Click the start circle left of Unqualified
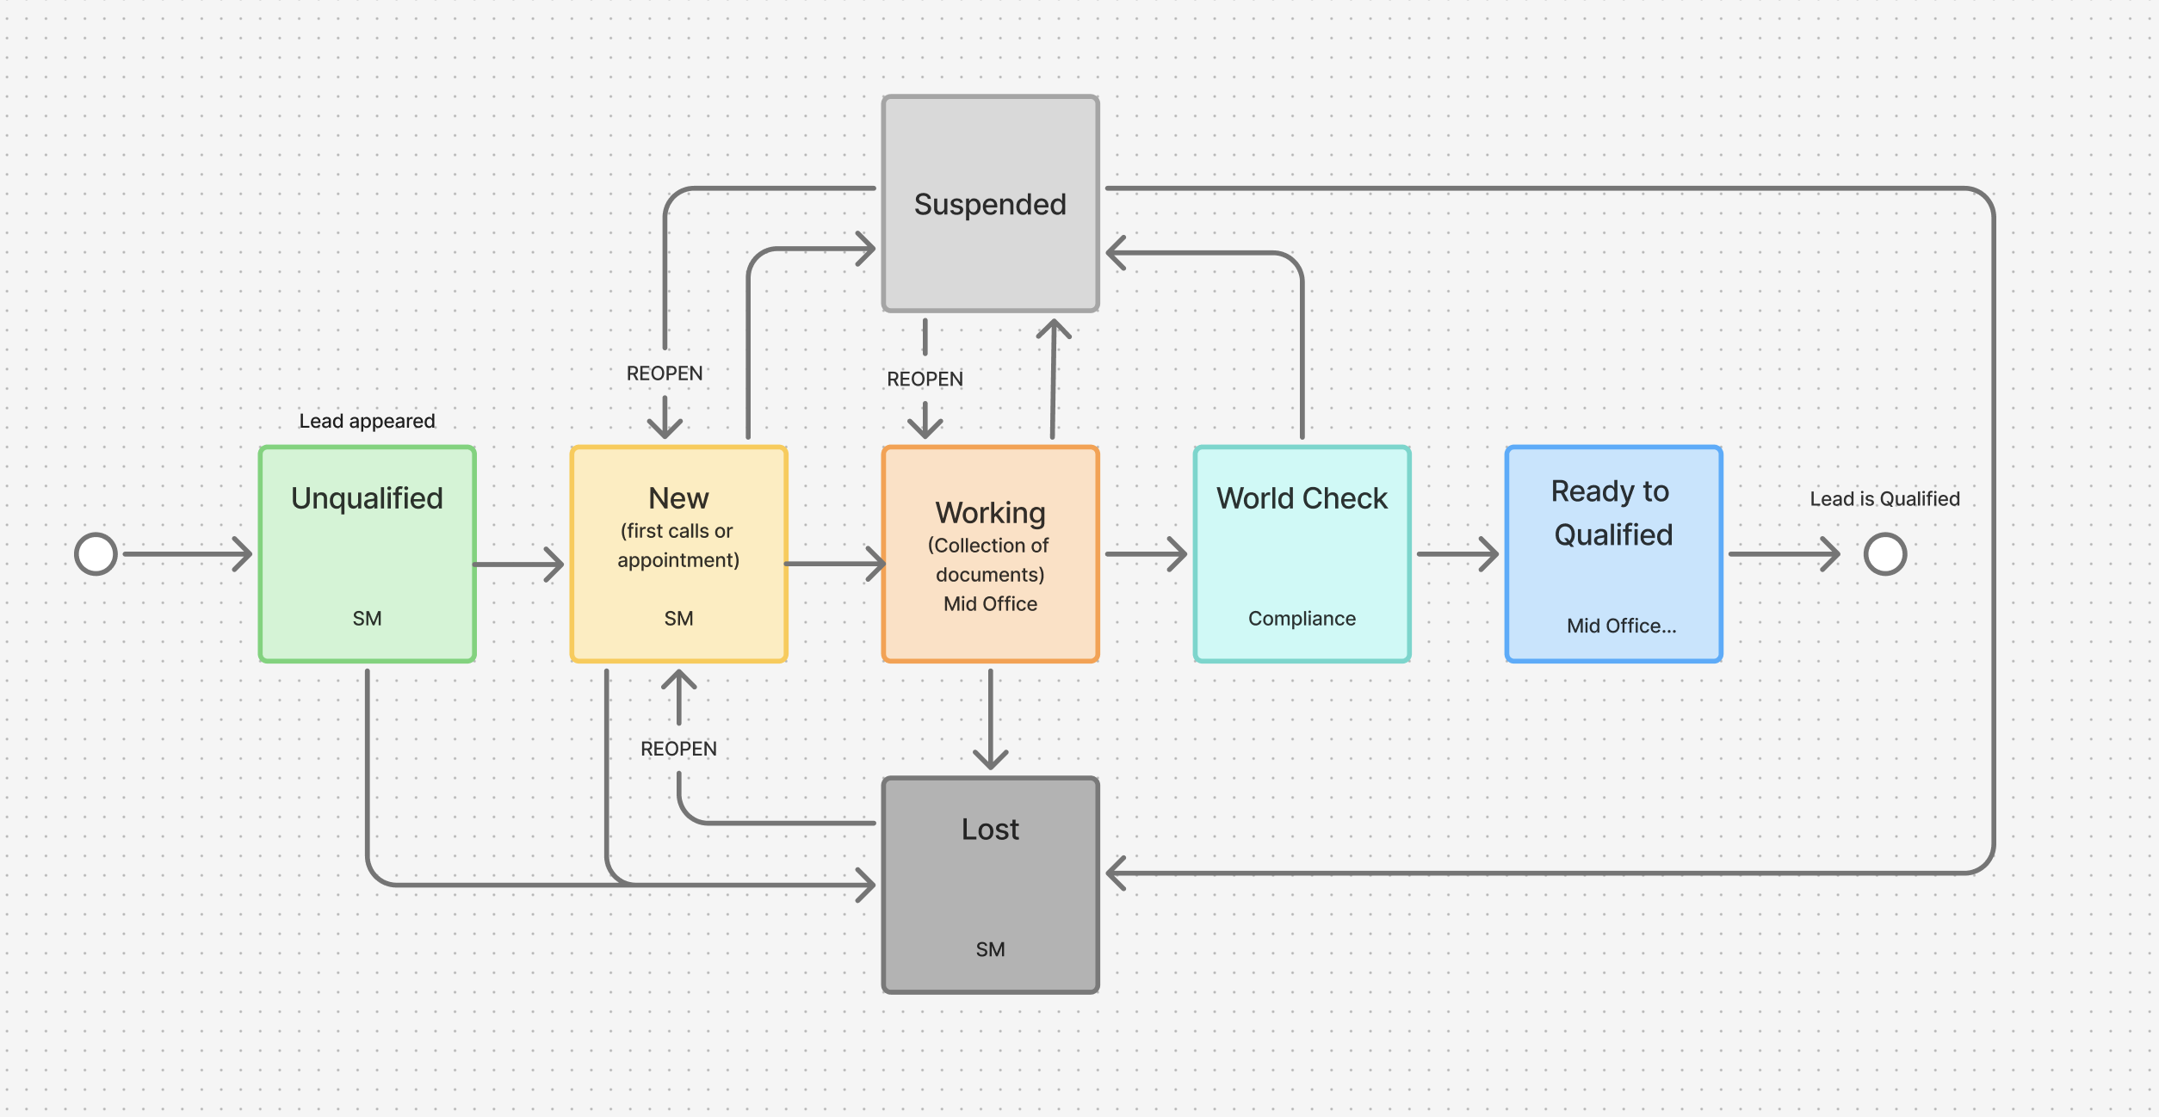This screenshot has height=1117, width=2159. click(96, 554)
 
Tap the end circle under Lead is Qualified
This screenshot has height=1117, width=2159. click(1885, 554)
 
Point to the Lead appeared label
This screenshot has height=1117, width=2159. click(367, 421)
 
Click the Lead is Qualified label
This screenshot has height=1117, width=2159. click(1884, 499)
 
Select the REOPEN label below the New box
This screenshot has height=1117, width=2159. click(678, 749)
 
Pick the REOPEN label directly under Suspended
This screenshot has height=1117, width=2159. click(925, 379)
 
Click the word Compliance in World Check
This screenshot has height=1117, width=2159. click(1302, 619)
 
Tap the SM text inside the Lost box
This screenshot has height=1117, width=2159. click(990, 949)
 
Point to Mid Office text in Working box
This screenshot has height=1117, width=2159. click(990, 604)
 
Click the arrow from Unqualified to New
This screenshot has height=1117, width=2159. click(518, 565)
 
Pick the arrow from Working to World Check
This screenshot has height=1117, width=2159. click(1145, 554)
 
